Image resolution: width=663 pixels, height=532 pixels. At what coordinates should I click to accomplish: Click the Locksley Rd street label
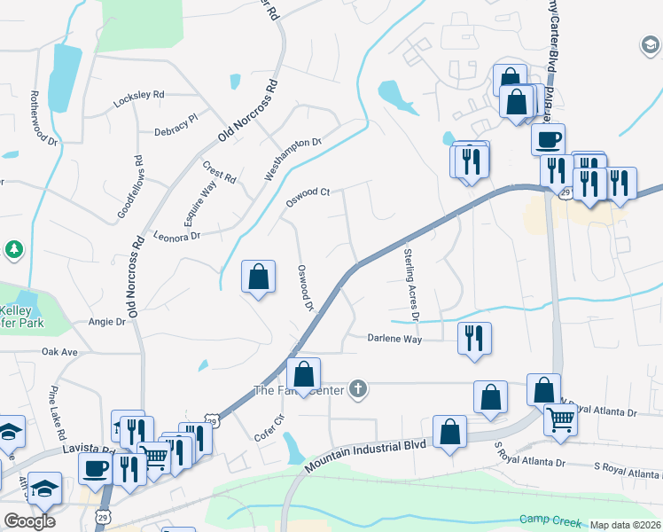[139, 98]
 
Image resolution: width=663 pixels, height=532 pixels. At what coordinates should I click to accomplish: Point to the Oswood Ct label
[307, 197]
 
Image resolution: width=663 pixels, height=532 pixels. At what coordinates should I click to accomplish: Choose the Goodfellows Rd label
[129, 188]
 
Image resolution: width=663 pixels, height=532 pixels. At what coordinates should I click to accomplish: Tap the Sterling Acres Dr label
[410, 284]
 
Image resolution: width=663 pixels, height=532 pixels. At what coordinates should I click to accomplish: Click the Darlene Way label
[395, 338]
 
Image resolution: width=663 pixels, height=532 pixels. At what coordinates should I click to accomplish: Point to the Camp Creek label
[549, 520]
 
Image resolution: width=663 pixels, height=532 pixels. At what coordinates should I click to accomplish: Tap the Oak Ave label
[60, 352]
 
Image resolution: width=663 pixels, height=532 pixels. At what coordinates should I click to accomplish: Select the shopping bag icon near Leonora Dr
[257, 277]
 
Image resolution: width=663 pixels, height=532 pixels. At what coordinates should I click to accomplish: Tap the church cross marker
[357, 388]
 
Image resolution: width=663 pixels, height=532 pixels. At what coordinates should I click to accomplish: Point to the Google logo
[29, 521]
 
